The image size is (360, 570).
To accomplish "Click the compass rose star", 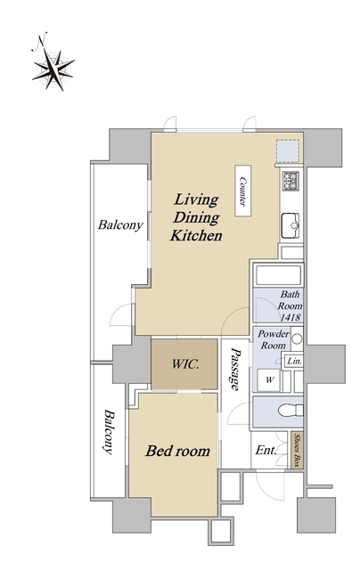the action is (x=53, y=69).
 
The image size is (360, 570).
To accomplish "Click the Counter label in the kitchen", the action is (x=243, y=191).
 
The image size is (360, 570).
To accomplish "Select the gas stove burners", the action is (x=290, y=181).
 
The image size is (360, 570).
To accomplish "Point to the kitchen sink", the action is (x=290, y=225).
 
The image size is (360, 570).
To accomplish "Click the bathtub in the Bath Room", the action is (x=279, y=275).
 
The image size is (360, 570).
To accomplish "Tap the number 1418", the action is (x=290, y=317).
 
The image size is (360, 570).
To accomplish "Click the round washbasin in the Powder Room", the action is (x=297, y=338).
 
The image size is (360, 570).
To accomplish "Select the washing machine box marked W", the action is (x=269, y=380).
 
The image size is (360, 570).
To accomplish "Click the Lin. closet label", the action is (x=294, y=362).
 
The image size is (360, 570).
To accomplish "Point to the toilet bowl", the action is (x=290, y=411).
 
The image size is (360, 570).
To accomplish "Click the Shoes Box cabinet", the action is (x=297, y=450).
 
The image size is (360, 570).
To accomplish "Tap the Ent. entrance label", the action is (x=266, y=451).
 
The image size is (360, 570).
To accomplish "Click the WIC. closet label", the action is (x=185, y=364).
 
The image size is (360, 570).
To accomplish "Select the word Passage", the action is (x=235, y=369).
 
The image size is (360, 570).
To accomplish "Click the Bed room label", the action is (x=178, y=452).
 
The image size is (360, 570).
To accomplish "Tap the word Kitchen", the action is (x=196, y=235).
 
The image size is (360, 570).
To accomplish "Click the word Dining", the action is (x=196, y=217).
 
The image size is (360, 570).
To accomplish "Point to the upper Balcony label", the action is (x=120, y=225).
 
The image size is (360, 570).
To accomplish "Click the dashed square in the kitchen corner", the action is (x=287, y=151).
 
